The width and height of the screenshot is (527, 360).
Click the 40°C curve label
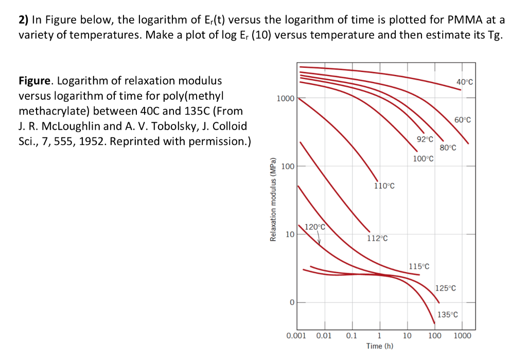click(x=465, y=82)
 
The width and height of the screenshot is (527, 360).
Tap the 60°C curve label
click(x=463, y=120)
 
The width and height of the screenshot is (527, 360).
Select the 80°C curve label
click(x=448, y=148)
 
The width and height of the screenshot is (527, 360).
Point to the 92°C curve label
click(x=425, y=139)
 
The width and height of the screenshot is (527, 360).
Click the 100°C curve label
click(x=424, y=159)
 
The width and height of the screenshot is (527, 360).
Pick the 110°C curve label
click(x=384, y=186)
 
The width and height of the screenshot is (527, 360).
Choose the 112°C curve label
click(x=377, y=238)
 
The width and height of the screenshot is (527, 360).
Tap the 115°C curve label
click(x=419, y=266)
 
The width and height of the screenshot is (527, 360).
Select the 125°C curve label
click(x=446, y=288)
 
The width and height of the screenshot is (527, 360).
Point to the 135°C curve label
click(x=447, y=315)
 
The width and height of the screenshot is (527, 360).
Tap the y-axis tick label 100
click(x=288, y=166)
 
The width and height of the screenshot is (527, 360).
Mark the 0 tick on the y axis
click(x=291, y=302)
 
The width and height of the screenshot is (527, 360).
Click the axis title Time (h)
click(x=380, y=346)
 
